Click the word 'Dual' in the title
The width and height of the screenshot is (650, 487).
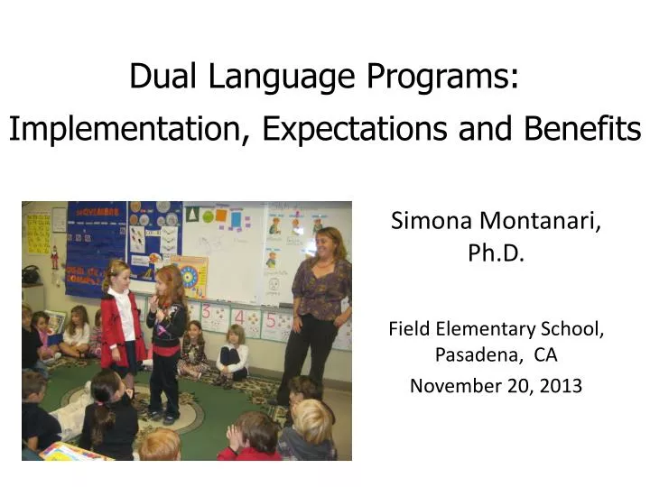155,77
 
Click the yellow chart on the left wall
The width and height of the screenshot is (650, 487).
39,234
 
